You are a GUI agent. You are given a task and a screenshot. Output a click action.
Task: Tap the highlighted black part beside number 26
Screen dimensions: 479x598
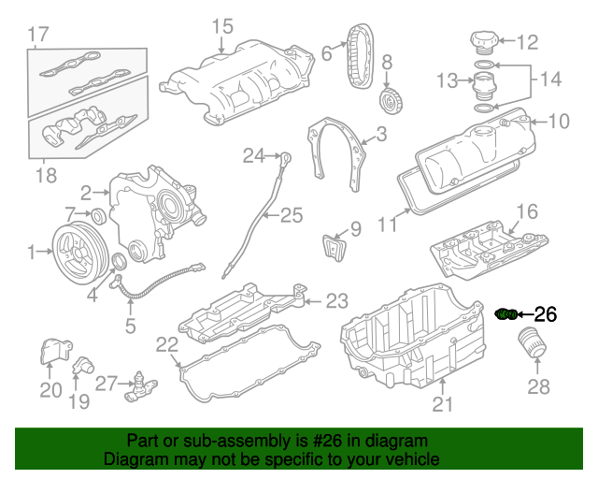505,314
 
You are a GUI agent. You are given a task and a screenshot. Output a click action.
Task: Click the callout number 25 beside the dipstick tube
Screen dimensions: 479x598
292,216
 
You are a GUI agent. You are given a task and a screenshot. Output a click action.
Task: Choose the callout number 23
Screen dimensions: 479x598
336,301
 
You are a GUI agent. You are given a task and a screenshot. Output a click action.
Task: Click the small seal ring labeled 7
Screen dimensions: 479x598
97,217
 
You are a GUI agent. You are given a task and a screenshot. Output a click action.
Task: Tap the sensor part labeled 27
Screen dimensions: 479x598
140,384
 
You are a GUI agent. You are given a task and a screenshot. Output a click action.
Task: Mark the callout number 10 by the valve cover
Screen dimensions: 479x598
558,121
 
